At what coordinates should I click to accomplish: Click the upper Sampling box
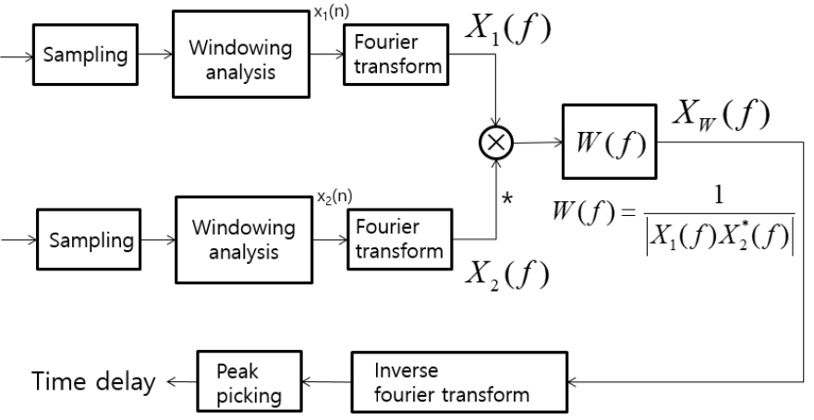coord(85,54)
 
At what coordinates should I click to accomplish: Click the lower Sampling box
coord(89,239)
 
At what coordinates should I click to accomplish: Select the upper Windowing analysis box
coord(241,54)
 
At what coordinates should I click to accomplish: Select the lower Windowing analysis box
coord(244,240)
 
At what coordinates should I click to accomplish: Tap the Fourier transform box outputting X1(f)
coord(395,54)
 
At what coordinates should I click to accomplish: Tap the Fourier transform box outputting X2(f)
coord(399,239)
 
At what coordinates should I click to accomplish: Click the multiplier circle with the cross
coord(496,142)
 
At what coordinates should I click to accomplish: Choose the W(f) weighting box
coord(610,141)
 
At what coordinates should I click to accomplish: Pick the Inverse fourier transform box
coord(459,382)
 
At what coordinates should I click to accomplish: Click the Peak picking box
coord(249,381)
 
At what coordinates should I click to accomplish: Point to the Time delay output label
coord(94,381)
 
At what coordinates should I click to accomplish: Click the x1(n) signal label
coord(331,12)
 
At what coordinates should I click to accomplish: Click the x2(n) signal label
coord(334,197)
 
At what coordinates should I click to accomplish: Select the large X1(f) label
coord(507,29)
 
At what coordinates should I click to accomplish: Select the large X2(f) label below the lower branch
coord(506,274)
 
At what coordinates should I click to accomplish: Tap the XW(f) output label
coord(721,115)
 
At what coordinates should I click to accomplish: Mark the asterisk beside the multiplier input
coord(507,199)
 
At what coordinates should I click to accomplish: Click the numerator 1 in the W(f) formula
coord(719,197)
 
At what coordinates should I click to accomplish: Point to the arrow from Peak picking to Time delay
coord(182,382)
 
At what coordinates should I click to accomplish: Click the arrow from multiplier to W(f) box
coord(538,142)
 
